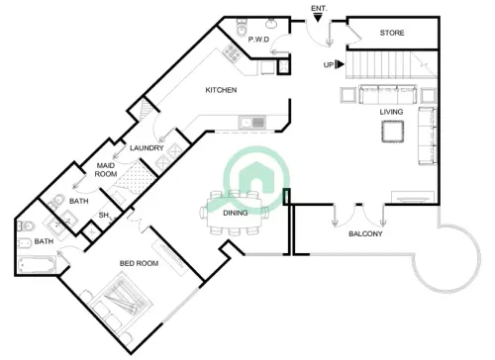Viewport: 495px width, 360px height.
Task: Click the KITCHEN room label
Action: pos(220,90)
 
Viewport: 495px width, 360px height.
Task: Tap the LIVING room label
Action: pos(391,112)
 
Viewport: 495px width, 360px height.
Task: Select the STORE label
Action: pos(392,34)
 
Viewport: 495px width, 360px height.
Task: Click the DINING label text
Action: pos(235,213)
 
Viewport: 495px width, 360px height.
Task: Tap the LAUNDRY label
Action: pos(146,148)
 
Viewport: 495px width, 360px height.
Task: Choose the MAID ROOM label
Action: pos(107,170)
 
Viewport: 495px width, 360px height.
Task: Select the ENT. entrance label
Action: pos(319,8)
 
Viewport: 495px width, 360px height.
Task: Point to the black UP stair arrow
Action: pos(340,65)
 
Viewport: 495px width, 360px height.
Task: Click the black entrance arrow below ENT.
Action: pos(319,19)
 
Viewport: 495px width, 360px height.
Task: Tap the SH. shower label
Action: pos(103,216)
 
